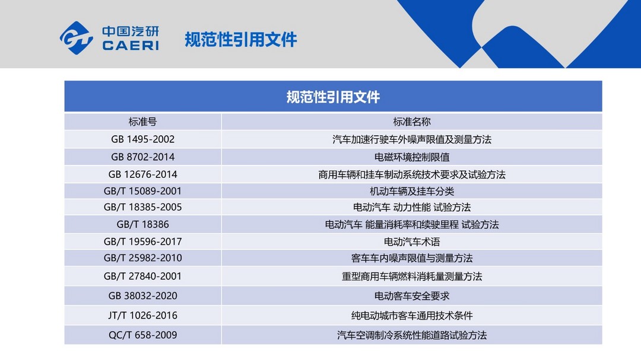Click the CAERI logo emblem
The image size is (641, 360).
tap(77, 38)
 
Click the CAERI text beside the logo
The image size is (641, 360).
tap(131, 45)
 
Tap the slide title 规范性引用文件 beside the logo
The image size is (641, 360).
tap(241, 40)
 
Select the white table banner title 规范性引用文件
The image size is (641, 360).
tap(333, 97)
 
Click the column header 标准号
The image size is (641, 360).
tap(142, 122)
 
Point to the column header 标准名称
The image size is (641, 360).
tap(412, 122)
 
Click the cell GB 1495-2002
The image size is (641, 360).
tap(142, 139)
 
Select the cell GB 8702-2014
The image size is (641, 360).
tap(142, 157)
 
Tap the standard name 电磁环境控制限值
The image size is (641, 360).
tap(412, 157)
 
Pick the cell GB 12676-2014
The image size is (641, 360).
tap(142, 174)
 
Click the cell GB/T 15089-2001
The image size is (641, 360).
tap(142, 191)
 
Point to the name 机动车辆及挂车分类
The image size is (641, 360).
tap(412, 191)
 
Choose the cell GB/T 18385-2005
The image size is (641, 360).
tap(142, 207)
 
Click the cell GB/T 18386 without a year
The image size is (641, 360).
tap(142, 224)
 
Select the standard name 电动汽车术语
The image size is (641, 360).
tap(412, 242)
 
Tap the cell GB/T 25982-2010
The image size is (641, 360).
tap(142, 258)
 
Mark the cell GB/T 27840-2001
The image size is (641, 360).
tap(142, 276)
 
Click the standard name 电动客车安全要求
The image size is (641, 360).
tap(412, 296)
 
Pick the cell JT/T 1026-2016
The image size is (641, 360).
tap(142, 316)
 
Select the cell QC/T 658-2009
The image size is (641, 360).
tap(142, 335)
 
